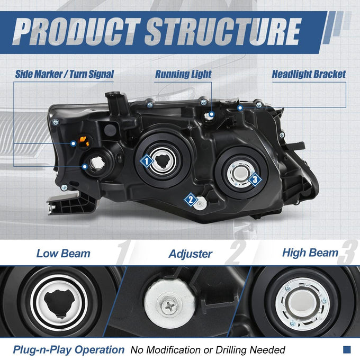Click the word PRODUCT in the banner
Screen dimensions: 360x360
click(x=76, y=31)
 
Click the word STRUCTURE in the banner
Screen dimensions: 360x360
click(x=223, y=31)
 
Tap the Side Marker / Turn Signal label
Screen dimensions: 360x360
click(x=64, y=74)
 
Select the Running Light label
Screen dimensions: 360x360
click(x=183, y=74)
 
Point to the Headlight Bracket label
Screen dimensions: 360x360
click(x=309, y=74)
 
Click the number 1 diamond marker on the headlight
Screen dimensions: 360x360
click(x=147, y=161)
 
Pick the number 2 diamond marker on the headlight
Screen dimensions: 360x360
click(x=191, y=200)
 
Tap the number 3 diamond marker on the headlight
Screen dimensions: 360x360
click(x=255, y=179)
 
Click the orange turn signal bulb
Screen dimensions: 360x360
click(x=84, y=141)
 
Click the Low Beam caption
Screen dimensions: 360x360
click(x=64, y=254)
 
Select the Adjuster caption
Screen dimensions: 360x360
click(x=191, y=254)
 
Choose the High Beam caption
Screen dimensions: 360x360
click(x=310, y=253)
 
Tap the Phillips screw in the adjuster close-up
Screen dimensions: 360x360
click(x=169, y=305)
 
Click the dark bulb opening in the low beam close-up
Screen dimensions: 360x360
click(x=59, y=303)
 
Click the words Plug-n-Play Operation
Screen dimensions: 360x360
click(x=69, y=350)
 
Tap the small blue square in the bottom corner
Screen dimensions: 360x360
click(x=347, y=349)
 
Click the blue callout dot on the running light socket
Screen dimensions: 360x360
click(x=212, y=114)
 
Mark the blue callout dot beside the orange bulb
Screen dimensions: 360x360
click(x=73, y=143)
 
